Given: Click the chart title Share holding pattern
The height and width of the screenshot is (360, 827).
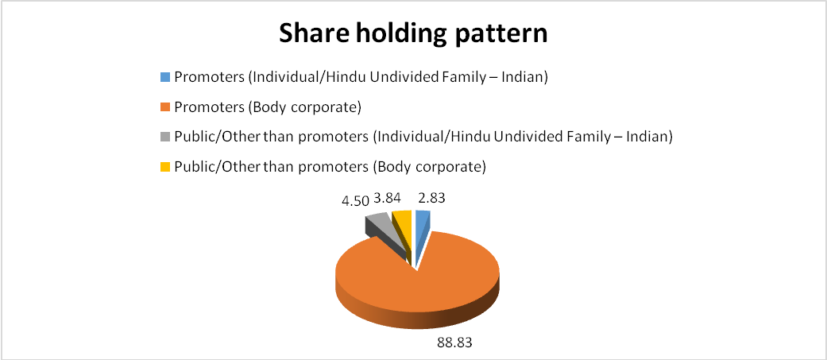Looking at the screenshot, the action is point(413,34).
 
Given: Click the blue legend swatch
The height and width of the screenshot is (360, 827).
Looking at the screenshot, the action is point(165,77).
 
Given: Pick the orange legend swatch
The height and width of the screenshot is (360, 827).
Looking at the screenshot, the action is point(165,107).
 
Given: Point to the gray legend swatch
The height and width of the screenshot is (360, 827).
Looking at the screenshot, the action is point(165,137).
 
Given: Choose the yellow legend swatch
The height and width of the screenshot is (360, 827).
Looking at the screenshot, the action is point(165,168).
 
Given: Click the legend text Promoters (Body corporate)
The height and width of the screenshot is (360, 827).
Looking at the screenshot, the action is point(268,108).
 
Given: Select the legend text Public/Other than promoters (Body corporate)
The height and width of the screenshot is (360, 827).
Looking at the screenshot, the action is point(330,168).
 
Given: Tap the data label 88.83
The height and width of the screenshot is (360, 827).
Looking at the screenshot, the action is point(454,343).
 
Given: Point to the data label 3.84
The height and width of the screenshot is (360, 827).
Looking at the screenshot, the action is point(388,198).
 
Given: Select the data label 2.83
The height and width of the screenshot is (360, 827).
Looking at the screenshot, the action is point(431,198).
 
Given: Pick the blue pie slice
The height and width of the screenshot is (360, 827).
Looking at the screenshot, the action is point(422,232).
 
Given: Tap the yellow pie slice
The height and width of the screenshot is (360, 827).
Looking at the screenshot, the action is point(402,227).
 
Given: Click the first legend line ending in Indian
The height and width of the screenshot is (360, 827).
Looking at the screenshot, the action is point(361,78).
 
